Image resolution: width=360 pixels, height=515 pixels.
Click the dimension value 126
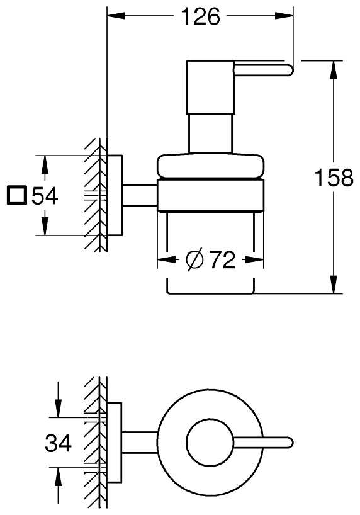pos(201,17)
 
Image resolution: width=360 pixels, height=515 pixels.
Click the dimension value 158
pos(334,178)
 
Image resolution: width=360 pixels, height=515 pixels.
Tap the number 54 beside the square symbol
pos(45,196)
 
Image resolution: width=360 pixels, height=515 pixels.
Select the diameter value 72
pos(222,259)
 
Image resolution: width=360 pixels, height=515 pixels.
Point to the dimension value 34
pos(58,443)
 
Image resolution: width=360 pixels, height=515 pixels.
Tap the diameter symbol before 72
pos(194,260)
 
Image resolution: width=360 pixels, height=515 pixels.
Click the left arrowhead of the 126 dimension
pos(116,16)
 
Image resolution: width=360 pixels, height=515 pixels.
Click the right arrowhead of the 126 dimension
pos(283,16)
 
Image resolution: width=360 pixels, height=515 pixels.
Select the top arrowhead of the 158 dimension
pos(334,70)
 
